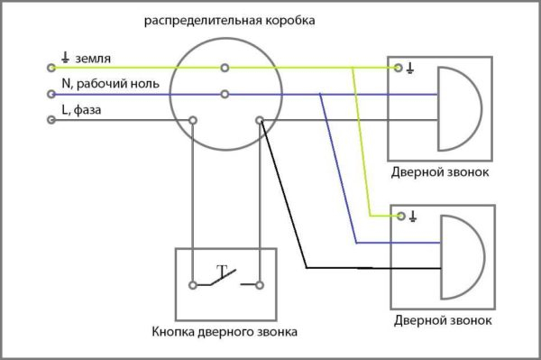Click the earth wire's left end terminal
click(50, 67)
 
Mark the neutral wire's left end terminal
click(50, 93)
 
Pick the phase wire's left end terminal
click(50, 119)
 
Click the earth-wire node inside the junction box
click(225, 68)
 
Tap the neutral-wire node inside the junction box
click(225, 93)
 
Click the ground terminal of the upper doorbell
click(399, 68)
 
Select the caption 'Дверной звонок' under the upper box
click(441, 171)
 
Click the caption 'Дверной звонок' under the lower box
click(443, 320)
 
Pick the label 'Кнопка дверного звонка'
click(225, 332)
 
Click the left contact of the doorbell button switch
click(192, 285)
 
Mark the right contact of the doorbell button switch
click(259, 285)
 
